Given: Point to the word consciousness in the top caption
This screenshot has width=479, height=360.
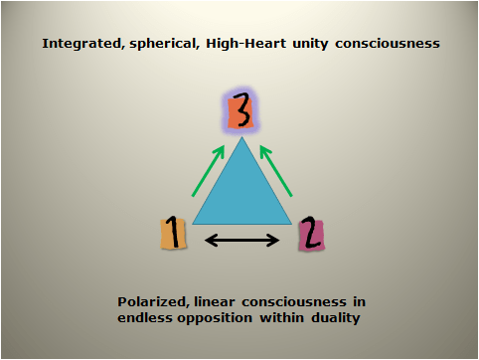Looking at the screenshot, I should (x=386, y=45).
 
